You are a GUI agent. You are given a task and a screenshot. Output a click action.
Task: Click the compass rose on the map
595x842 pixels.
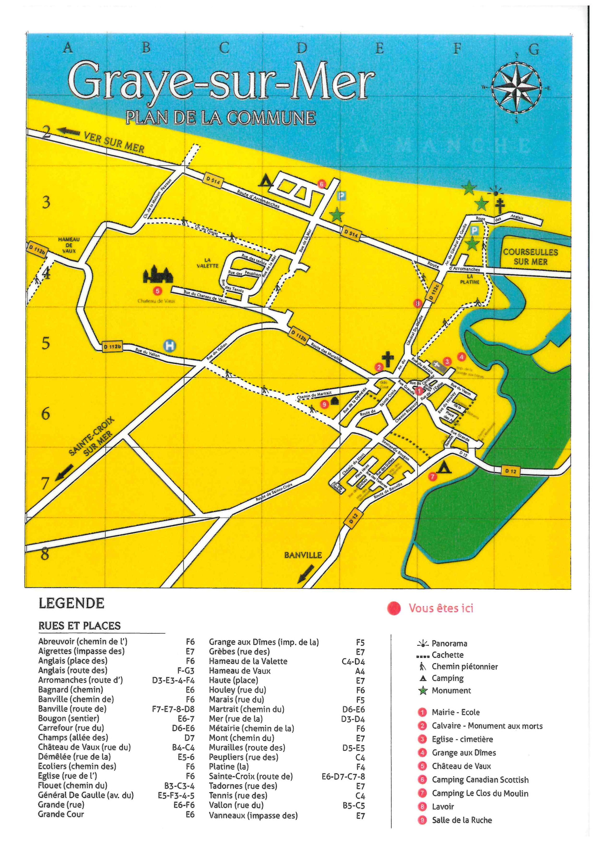[x=516, y=88]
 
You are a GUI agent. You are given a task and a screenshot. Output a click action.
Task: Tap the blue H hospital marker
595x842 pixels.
[x=170, y=346]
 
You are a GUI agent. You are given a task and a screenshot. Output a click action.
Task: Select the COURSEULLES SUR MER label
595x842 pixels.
[x=530, y=257]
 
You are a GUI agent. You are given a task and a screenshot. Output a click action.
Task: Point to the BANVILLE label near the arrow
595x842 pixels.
[x=303, y=555]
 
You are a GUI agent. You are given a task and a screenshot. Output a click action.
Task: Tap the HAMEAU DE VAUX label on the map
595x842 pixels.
[x=69, y=245]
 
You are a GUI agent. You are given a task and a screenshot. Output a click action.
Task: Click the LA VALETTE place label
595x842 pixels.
[x=207, y=263]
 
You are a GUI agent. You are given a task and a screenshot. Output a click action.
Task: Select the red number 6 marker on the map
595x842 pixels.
[x=322, y=184]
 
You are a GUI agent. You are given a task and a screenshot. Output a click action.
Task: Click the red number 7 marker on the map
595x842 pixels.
[x=433, y=477]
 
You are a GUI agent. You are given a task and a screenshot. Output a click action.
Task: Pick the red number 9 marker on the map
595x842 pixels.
[x=324, y=404]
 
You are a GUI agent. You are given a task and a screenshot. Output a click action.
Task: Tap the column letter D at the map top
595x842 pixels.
[x=302, y=48]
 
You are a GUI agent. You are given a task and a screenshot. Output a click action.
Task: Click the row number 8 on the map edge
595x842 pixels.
[x=45, y=553]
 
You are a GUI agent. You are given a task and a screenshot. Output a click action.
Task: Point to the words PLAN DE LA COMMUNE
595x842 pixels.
[x=221, y=118]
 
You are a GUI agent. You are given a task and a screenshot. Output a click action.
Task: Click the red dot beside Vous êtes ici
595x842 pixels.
[x=394, y=609]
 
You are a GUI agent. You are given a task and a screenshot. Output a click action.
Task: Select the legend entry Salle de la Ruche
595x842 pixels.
[x=462, y=820]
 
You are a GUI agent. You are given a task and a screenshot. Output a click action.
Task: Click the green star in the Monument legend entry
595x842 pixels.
[x=423, y=691]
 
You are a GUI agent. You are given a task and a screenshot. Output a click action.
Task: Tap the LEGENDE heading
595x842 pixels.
[x=72, y=603]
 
